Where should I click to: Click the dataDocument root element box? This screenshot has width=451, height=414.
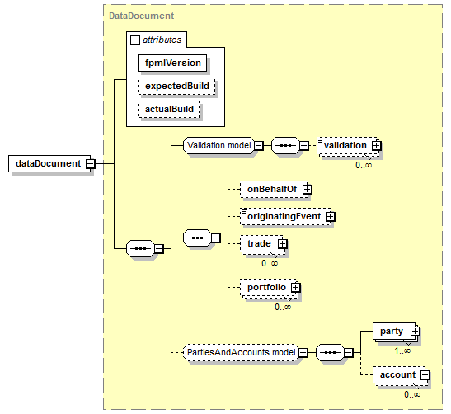49,163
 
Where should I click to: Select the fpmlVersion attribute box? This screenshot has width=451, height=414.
172,63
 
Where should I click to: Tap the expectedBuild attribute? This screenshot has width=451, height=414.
176,86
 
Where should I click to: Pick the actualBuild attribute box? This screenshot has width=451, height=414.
169,109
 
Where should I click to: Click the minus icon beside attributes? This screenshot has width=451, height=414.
135,40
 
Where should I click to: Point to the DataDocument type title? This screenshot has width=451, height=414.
142,16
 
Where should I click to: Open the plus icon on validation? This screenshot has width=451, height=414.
376,146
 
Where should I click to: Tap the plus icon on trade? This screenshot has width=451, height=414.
283,244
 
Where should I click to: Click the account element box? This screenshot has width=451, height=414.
399,375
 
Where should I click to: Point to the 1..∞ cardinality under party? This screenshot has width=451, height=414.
402,350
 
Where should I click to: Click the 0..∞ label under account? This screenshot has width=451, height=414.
412,394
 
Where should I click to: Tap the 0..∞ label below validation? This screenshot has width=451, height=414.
364,165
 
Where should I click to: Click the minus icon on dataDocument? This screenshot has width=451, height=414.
91,163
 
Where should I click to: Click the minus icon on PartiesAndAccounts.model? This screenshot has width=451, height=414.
303,352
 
